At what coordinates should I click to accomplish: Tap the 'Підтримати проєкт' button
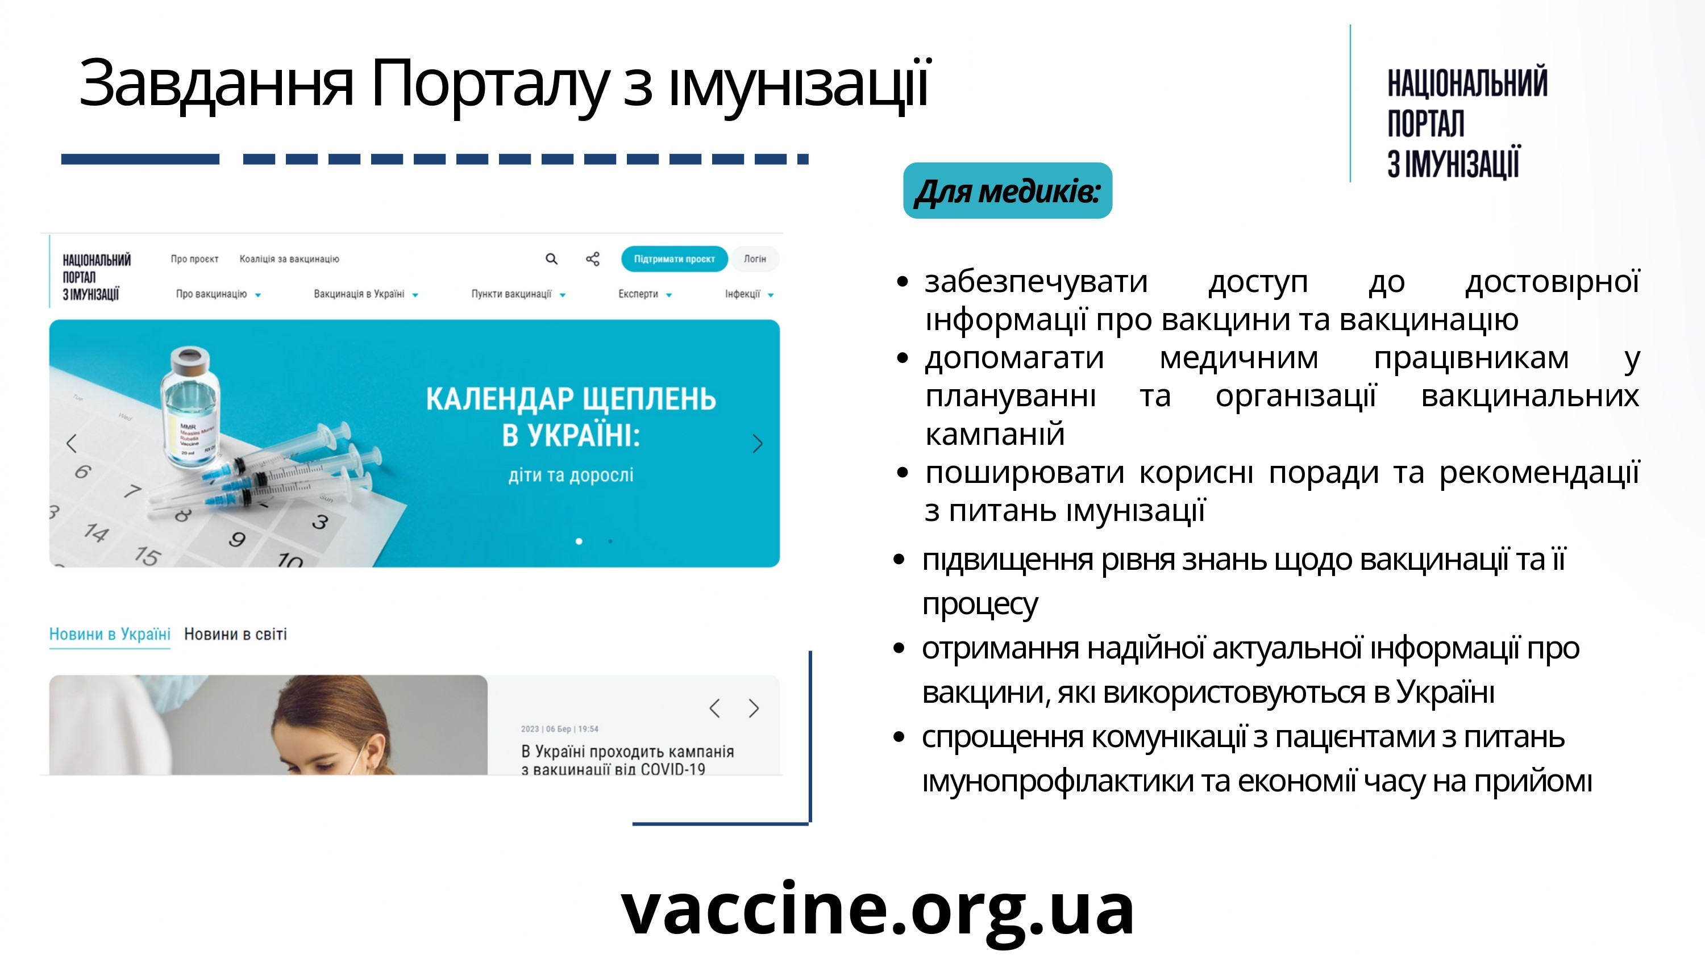[x=674, y=258]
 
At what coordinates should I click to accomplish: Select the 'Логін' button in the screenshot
[x=755, y=258]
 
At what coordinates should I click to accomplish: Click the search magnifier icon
[x=551, y=258]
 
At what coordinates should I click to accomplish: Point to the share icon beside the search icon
[x=592, y=258]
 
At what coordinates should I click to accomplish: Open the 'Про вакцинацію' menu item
[x=211, y=294]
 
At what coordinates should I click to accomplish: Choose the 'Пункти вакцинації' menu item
[x=511, y=294]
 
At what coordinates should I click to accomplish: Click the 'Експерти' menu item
[x=638, y=294]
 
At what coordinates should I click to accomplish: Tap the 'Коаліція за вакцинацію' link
[x=289, y=258]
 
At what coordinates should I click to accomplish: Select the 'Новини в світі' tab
[x=235, y=634]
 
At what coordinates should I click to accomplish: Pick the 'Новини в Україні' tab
[x=110, y=634]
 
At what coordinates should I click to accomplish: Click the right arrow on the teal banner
[x=757, y=444]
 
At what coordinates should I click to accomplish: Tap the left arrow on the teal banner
[x=72, y=444]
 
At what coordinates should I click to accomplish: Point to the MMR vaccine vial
[x=192, y=410]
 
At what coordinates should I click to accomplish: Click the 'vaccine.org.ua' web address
[x=878, y=910]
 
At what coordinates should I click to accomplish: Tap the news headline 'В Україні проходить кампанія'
[x=627, y=752]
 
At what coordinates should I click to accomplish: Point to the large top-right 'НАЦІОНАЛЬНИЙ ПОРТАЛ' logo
[x=1467, y=123]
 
